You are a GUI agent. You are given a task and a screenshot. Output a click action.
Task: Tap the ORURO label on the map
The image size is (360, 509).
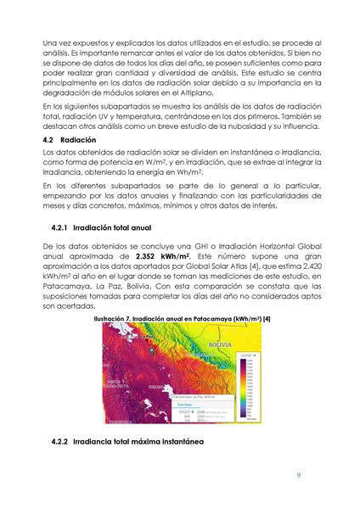click(x=156, y=386)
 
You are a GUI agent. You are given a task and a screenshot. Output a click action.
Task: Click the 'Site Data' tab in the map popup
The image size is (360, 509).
click(x=183, y=404)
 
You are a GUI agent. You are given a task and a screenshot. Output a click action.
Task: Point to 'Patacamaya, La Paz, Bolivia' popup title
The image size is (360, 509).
click(x=194, y=396)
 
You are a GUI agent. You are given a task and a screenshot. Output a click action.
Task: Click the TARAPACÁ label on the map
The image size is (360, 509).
click(x=120, y=421)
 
